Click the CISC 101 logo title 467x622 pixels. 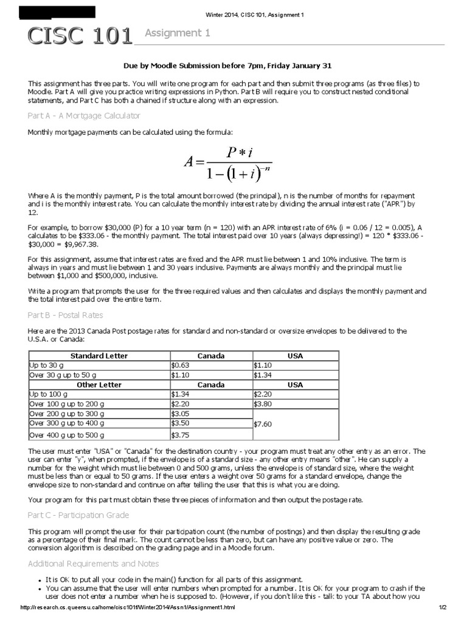80,36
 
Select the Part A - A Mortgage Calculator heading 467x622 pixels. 84,115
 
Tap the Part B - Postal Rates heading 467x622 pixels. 65,315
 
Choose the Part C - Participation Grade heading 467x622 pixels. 78,515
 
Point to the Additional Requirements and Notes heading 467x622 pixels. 94,564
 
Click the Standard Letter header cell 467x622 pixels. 99,356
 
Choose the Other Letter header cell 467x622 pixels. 99,385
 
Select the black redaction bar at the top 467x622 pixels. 61,12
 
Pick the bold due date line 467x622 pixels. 227,66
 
